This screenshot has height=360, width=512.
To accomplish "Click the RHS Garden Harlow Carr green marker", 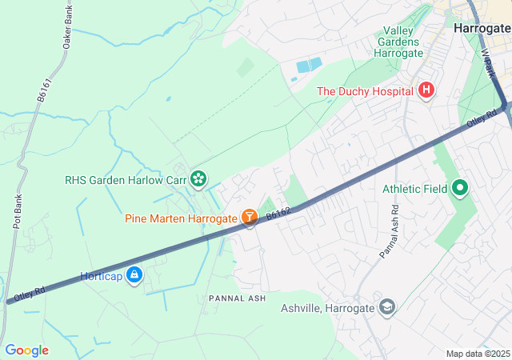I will [198, 180].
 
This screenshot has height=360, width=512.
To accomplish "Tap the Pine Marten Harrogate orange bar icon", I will [249, 217].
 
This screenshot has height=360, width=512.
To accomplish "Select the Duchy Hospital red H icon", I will [426, 90].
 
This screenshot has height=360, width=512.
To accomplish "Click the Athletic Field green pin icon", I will [459, 189].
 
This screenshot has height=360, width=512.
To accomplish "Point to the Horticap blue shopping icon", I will [134, 276].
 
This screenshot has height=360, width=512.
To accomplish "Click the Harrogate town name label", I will [481, 27].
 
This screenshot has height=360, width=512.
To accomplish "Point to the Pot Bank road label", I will [16, 212].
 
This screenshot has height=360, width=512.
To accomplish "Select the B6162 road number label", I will [278, 213].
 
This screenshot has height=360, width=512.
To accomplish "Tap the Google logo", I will [26, 350].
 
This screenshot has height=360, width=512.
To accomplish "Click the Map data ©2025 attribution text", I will [478, 354].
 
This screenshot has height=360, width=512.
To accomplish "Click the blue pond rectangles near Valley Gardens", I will [308, 66].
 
